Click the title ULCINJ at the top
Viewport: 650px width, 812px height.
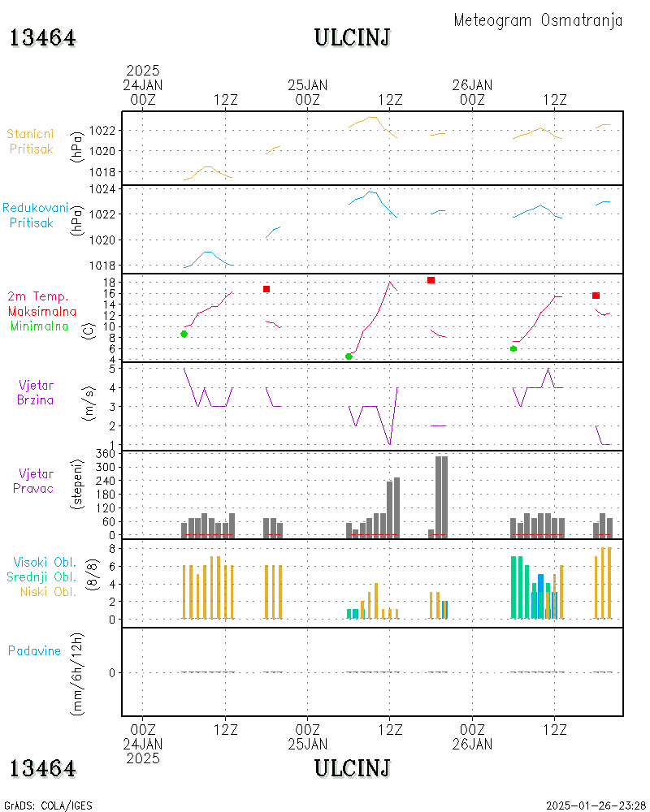[x=353, y=38]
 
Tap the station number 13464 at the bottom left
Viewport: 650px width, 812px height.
[x=43, y=768]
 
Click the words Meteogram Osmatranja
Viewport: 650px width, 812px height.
[x=538, y=20]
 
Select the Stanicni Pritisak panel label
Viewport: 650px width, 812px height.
[x=31, y=141]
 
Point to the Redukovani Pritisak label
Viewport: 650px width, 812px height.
[x=35, y=215]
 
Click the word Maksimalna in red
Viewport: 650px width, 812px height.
[x=42, y=311]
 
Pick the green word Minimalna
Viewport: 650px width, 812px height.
[x=39, y=326]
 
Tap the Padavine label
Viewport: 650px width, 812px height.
[x=34, y=651]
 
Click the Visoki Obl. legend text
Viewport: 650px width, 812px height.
[x=45, y=562]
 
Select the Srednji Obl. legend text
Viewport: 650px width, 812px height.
[x=41, y=577]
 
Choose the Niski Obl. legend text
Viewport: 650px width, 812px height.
[x=48, y=591]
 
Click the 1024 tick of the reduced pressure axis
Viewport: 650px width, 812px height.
[x=102, y=189]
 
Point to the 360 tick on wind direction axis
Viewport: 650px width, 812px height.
[x=106, y=454]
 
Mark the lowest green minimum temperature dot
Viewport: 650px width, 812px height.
[x=349, y=356]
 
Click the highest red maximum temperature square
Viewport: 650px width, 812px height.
[x=431, y=280]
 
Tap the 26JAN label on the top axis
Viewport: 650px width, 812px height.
[x=472, y=85]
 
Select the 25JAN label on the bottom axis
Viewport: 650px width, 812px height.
[x=307, y=744]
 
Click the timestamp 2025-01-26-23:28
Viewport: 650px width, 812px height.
[x=596, y=806]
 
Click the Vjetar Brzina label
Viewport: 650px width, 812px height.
[x=35, y=392]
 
